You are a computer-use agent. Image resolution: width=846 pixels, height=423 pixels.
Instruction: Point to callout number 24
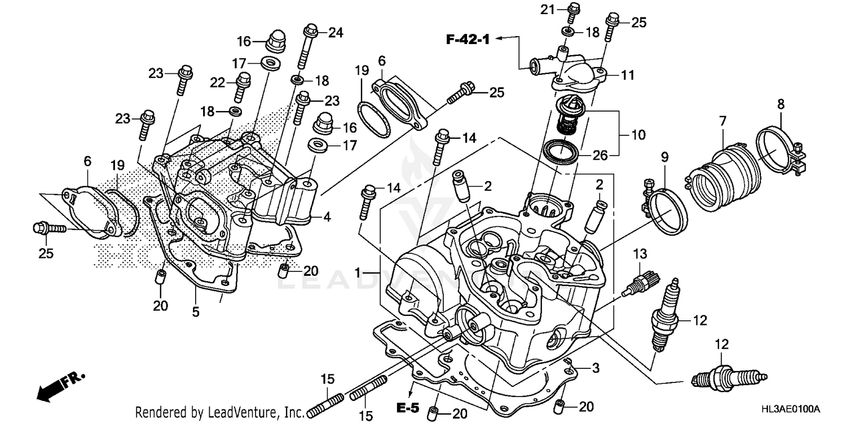click(336, 32)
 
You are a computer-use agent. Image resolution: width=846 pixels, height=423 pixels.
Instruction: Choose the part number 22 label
click(218, 82)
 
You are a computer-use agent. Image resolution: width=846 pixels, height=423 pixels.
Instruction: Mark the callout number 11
click(628, 74)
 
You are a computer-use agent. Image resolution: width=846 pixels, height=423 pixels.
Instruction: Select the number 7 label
click(722, 120)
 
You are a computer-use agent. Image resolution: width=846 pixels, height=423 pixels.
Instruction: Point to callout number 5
click(196, 311)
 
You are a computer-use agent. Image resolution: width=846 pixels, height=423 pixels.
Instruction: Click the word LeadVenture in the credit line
click(239, 412)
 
